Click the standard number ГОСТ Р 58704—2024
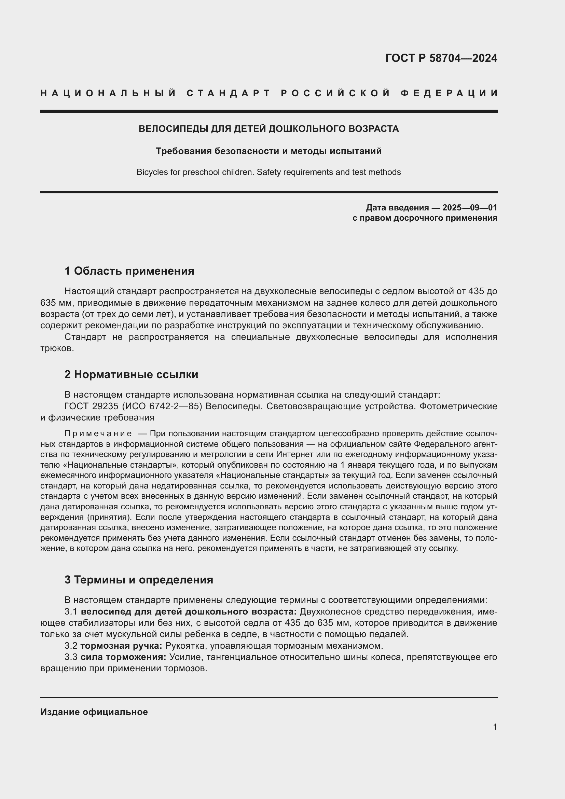[441, 58]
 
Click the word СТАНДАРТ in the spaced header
[229, 93]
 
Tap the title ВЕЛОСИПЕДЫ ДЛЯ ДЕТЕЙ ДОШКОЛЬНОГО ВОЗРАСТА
[268, 129]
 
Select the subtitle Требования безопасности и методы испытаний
[268, 151]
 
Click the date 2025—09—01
[470, 208]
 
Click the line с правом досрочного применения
[425, 218]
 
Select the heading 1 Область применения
[129, 271]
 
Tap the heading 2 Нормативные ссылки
[131, 374]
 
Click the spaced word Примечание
[98, 433]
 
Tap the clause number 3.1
[71, 612]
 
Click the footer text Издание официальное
[94, 712]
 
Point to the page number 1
[495, 727]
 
